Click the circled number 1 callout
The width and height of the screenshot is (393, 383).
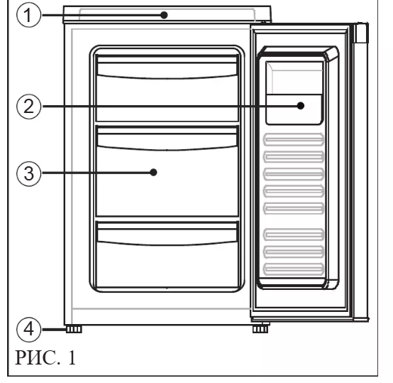point(28,15)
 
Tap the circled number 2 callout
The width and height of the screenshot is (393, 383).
point(28,107)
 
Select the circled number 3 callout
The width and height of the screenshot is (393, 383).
point(28,173)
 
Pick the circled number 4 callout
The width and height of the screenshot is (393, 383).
point(28,329)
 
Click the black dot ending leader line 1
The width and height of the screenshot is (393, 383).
point(164,15)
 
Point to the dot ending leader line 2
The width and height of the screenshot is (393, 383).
point(301,106)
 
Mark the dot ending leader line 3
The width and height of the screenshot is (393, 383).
point(153,173)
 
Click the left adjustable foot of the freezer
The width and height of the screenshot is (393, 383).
point(74,329)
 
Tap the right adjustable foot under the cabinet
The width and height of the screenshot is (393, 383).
point(260,329)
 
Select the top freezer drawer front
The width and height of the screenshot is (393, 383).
point(167,88)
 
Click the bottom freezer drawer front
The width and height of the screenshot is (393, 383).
point(167,254)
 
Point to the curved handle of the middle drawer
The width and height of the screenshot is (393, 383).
point(167,141)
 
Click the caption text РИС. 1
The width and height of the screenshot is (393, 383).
point(45,357)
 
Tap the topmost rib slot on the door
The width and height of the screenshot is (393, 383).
point(294,139)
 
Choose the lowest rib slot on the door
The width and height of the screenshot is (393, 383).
point(294,269)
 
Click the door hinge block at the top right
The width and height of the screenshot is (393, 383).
point(361,33)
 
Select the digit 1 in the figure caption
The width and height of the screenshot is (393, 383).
point(72,357)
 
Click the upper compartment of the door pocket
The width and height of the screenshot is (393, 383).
point(294,77)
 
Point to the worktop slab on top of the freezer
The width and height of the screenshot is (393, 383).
point(167,14)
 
